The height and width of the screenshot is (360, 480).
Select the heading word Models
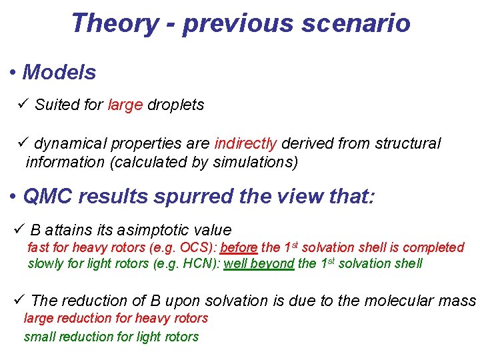[59, 72]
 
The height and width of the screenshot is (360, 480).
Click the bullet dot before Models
[13, 73]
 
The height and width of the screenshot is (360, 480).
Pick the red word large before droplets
[125, 105]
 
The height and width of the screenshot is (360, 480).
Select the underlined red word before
[239, 247]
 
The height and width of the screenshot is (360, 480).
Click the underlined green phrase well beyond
[259, 263]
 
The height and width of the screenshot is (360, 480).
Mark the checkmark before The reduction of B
[19, 301]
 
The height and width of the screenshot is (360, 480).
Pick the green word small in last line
[39, 337]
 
